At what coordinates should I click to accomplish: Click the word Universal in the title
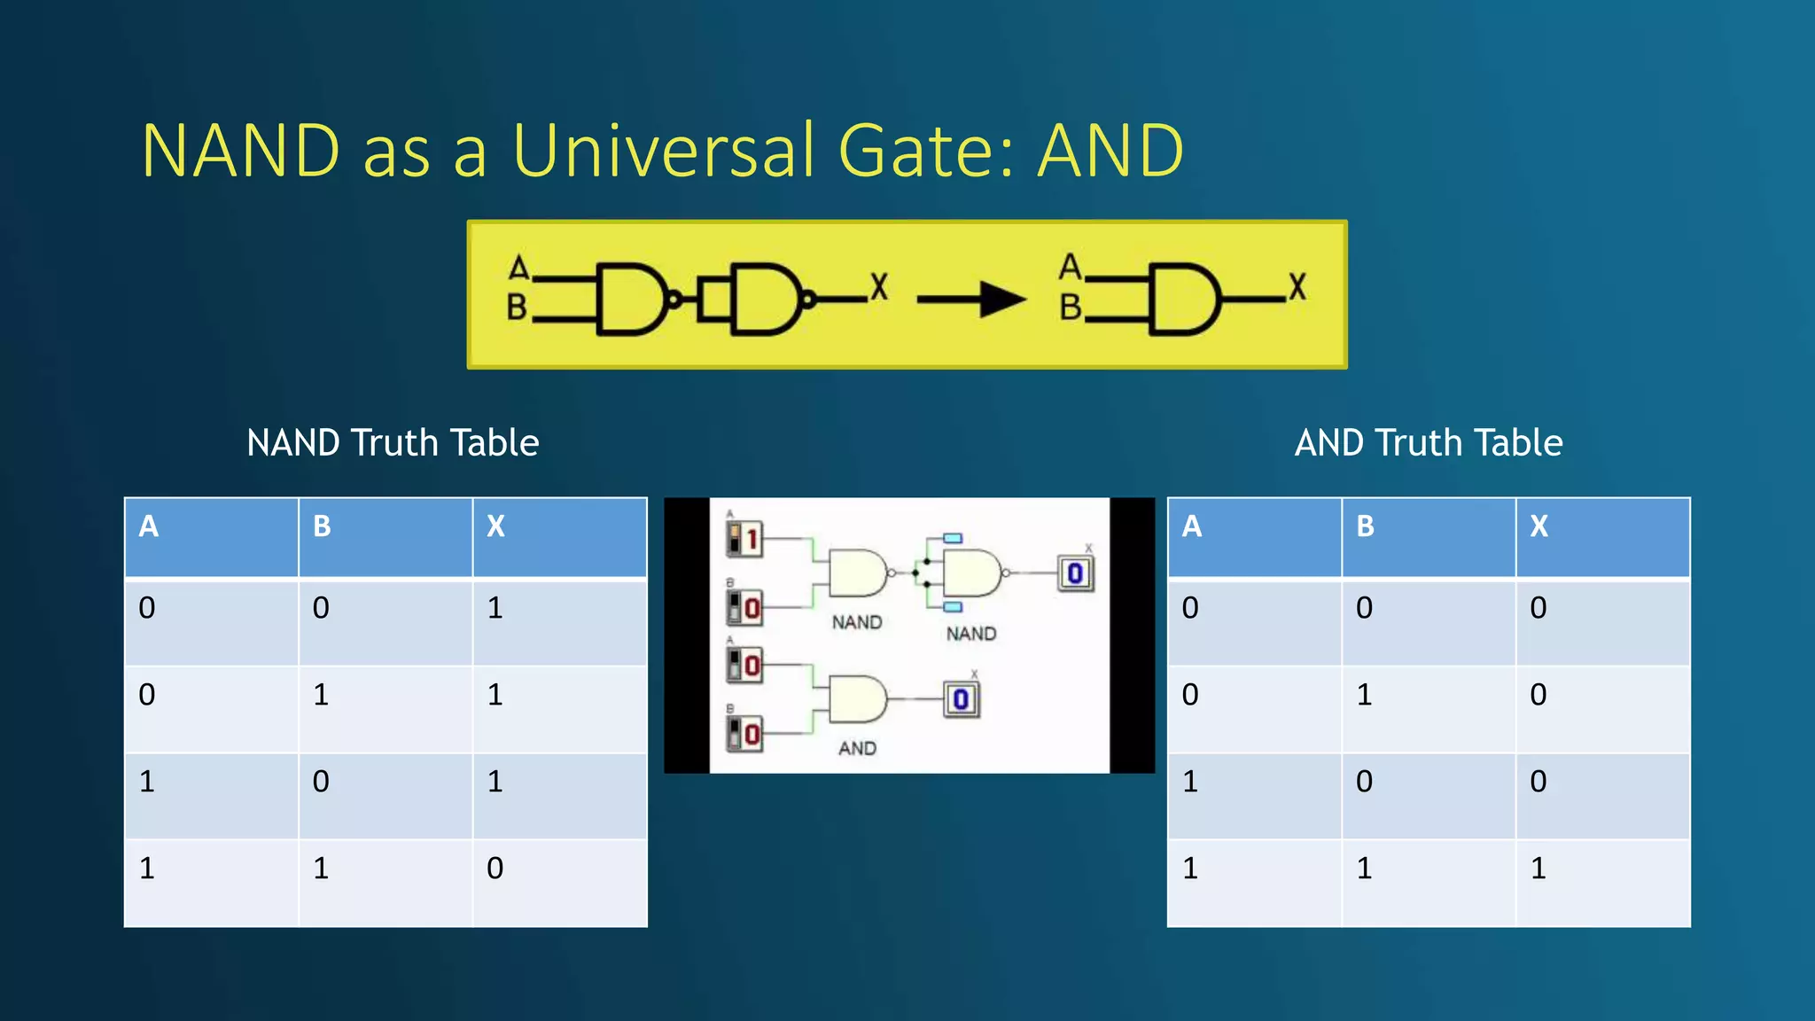[x=663, y=150]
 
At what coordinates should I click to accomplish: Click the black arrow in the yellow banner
[x=972, y=300]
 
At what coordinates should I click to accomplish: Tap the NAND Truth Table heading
[x=393, y=442]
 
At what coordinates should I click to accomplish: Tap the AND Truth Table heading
[x=1428, y=442]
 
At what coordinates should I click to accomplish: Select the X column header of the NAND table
[x=495, y=526]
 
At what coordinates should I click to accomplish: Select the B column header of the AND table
[x=1366, y=526]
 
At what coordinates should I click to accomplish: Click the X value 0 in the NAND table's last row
[x=495, y=868]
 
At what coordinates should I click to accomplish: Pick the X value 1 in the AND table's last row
[x=1538, y=868]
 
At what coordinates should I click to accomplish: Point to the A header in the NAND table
[x=149, y=526]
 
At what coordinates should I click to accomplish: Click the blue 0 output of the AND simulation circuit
[x=961, y=700]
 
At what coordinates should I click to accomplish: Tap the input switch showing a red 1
[x=744, y=538]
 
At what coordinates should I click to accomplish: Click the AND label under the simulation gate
[x=857, y=749]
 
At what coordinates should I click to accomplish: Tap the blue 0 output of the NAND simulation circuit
[x=1075, y=573]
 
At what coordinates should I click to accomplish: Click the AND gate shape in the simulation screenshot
[x=858, y=699]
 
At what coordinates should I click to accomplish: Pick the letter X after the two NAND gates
[x=878, y=286]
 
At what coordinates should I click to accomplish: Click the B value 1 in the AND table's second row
[x=1364, y=694]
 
